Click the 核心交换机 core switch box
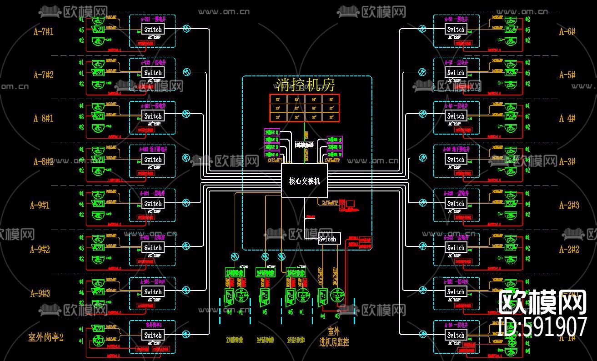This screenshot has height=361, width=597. [x=304, y=181]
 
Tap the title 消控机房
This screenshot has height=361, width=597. [x=305, y=85]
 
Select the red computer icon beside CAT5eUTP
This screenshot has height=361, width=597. [x=351, y=205]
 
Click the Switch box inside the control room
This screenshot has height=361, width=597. [x=328, y=239]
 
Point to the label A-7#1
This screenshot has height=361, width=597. [x=43, y=31]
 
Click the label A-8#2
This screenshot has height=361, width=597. [x=43, y=161]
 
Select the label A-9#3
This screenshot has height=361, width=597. [x=40, y=293]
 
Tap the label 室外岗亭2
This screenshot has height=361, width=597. [x=45, y=337]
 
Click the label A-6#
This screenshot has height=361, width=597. [x=567, y=31]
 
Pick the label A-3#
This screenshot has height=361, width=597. [x=567, y=161]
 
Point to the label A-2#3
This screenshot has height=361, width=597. [x=569, y=205]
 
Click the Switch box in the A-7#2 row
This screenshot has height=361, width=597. [x=153, y=73]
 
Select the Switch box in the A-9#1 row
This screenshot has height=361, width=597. [x=153, y=204]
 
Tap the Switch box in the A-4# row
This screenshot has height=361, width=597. [x=456, y=116]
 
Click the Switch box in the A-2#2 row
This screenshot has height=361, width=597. [x=456, y=248]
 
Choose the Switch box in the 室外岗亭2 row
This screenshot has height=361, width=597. [x=153, y=335]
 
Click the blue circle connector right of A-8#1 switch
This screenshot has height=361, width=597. [x=186, y=114]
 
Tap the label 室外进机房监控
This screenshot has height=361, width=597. [x=334, y=336]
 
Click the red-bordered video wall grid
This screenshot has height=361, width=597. [x=305, y=108]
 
